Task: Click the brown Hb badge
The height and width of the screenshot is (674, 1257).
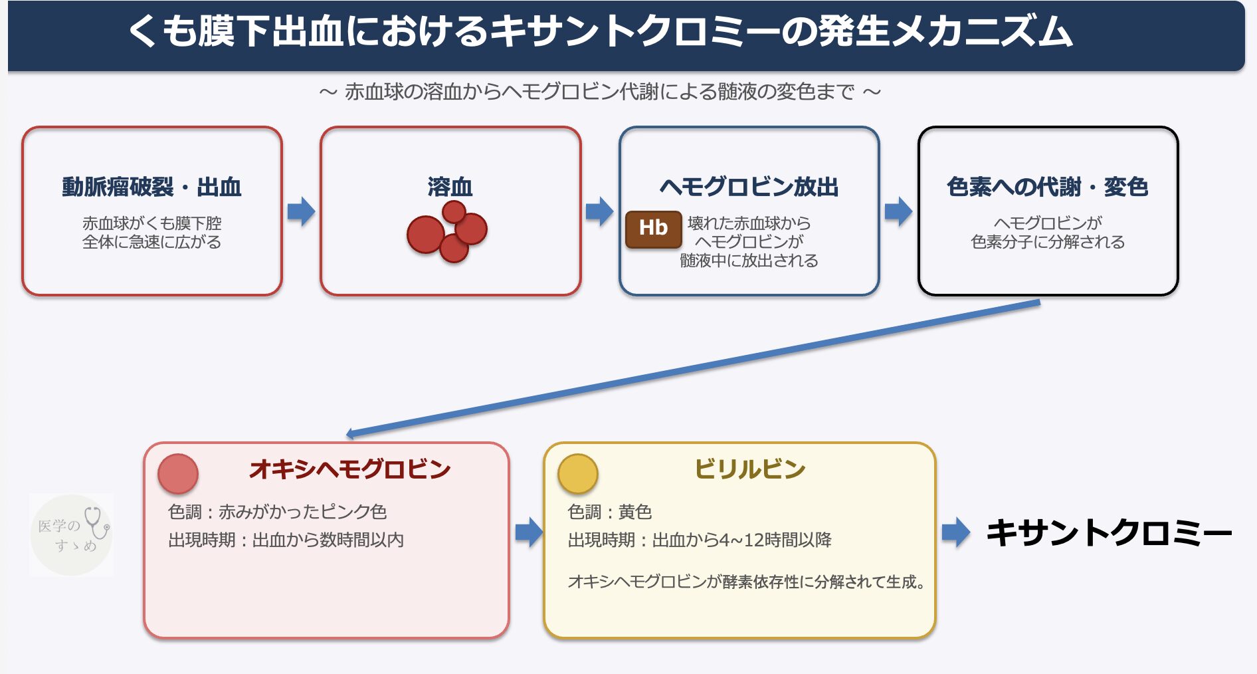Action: [653, 229]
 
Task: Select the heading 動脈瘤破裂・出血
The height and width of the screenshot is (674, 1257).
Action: [151, 187]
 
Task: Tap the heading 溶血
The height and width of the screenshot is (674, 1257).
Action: [450, 187]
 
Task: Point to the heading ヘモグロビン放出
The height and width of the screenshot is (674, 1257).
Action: [749, 187]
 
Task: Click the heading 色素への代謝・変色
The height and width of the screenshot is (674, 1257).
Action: [1047, 187]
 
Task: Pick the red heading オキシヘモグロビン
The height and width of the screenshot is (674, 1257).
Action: [349, 469]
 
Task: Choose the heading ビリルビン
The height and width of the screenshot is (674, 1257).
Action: [749, 469]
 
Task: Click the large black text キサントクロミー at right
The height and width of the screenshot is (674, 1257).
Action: [1108, 533]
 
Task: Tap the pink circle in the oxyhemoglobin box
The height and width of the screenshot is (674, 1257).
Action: [178, 474]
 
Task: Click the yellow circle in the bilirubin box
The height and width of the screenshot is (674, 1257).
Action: [578, 474]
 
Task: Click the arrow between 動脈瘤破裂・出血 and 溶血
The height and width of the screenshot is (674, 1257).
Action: [301, 211]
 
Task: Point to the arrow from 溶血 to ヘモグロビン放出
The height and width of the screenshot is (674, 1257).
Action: [599, 211]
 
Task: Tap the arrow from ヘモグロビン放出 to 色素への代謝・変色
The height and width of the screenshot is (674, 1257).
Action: [898, 211]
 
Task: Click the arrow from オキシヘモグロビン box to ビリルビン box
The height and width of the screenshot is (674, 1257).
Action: [529, 532]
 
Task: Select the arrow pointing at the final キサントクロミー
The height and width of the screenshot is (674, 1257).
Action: [956, 532]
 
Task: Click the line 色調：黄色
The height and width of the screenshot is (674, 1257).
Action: [609, 512]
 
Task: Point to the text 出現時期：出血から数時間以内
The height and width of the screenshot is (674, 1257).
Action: [286, 540]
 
